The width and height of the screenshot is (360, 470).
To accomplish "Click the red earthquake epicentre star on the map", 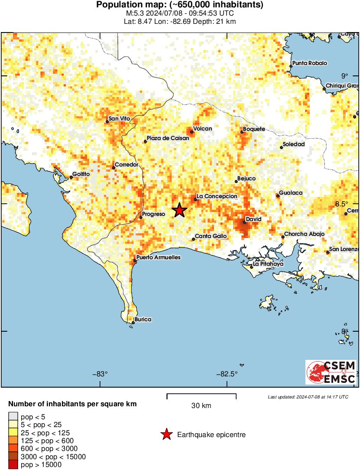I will [x=179, y=210].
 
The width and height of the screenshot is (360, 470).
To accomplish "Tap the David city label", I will [x=253, y=219].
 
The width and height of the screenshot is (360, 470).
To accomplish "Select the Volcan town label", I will [x=202, y=129].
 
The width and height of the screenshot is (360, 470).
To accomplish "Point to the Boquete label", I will [x=254, y=129].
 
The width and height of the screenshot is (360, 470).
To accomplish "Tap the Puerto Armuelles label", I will [x=158, y=258].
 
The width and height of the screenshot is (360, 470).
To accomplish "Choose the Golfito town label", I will [x=81, y=174].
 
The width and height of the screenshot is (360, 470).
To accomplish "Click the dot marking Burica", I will [x=133, y=322].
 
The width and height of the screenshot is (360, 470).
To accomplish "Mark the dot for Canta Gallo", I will [x=194, y=239].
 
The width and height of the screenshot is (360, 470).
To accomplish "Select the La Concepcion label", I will [x=217, y=196].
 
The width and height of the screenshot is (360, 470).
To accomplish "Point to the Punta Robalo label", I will [x=310, y=63].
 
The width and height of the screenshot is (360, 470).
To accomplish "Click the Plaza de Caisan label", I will [x=168, y=138].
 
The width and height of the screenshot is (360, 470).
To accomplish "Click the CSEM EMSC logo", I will [x=331, y=372].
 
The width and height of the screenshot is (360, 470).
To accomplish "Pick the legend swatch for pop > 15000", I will [x=13, y=465].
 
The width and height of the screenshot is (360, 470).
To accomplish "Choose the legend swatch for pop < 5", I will [x=13, y=417].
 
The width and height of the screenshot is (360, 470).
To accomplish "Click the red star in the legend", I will [x=166, y=434].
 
